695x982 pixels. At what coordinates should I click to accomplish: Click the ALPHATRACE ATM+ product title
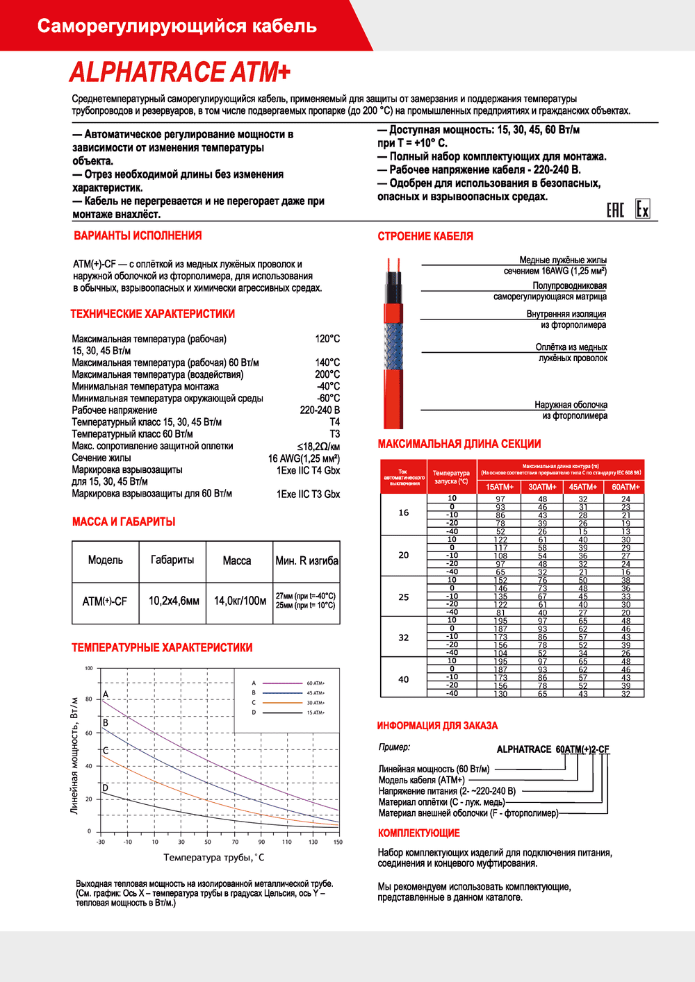179,72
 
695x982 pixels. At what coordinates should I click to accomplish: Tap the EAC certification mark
615,210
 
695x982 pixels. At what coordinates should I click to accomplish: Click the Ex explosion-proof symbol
643,210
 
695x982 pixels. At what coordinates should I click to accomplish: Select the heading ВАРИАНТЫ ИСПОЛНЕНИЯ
138,236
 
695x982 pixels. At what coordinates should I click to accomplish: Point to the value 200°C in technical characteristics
327,374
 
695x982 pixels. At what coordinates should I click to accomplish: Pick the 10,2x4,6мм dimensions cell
174,601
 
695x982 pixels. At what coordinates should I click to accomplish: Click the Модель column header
106,560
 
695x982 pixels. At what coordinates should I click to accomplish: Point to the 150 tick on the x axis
338,842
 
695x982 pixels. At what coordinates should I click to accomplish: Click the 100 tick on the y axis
89,669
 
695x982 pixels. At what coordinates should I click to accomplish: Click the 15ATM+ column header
500,488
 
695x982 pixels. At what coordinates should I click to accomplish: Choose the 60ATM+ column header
625,488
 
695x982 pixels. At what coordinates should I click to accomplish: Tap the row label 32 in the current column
404,638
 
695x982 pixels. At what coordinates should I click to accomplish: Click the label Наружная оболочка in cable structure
571,405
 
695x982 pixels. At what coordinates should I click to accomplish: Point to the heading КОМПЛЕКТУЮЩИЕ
419,833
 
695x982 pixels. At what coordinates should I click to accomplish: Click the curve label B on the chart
106,723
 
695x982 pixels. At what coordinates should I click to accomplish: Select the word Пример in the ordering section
394,747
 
